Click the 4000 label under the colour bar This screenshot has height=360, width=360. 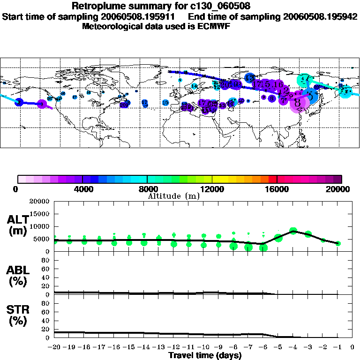[x=82, y=189]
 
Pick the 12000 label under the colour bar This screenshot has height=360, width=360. [x=212, y=189]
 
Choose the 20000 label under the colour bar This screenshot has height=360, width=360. [x=341, y=189]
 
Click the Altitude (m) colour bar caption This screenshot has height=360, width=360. [x=174, y=196]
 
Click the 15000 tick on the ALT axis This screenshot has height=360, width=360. [x=41, y=214]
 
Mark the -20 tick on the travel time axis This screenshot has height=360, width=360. [x=55, y=348]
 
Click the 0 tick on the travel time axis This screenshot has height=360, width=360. [x=352, y=348]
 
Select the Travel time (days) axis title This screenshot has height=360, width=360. [x=204, y=356]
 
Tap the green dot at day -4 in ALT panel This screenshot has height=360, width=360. [x=293, y=230]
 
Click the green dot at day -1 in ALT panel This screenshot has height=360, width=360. [x=338, y=243]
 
